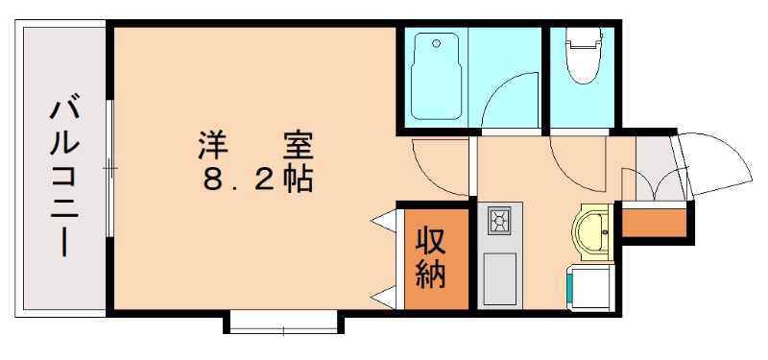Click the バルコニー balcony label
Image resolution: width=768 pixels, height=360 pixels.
coord(63,174)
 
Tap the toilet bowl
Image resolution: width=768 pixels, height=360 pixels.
coord(582,58)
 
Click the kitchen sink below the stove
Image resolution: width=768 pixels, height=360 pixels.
coord(499,278)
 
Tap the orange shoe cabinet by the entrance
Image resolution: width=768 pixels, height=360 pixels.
coord(655,222)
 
